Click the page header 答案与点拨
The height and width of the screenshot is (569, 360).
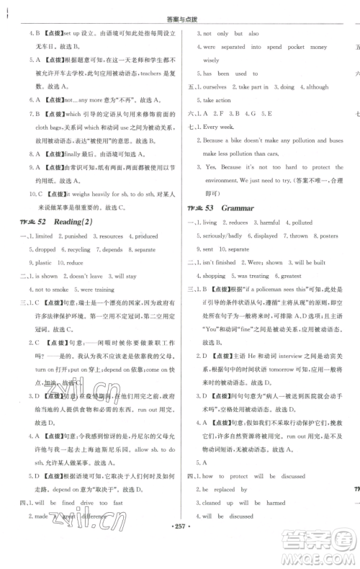pyautogui.click(x=180, y=9)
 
